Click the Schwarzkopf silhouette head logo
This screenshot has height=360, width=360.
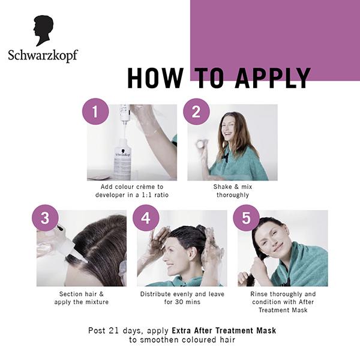[44, 31]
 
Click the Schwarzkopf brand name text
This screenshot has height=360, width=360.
[43, 56]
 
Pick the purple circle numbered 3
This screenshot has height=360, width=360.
[44, 217]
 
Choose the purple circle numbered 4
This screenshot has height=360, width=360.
[145, 217]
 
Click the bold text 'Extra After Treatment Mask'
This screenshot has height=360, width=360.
[223, 331]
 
